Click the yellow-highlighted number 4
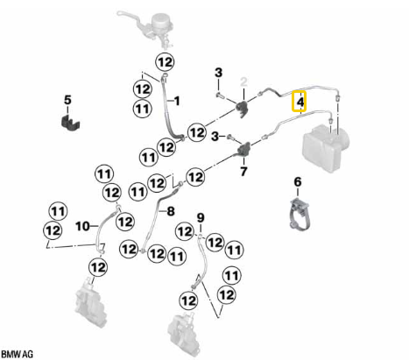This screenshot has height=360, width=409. tap(300, 102)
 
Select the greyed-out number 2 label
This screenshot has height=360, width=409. tap(243, 82)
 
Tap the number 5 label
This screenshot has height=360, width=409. tap(67, 100)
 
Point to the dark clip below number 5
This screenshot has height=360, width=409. tap(70, 123)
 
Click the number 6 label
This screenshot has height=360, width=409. tap(298, 182)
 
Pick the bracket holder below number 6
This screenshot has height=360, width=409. tap(300, 214)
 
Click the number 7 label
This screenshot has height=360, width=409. tap(243, 171)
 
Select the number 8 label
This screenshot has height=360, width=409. tap(171, 211)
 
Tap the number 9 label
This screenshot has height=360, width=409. tap(201, 217)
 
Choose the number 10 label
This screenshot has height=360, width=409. tap(82, 226)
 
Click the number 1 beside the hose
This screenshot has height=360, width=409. tap(177, 102)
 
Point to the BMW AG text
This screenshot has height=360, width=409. tap(18, 355)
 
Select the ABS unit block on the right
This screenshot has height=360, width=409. tap(325, 148)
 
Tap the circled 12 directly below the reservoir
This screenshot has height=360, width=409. tap(166, 62)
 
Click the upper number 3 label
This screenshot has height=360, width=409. tap(218, 73)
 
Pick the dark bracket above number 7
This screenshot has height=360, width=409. tap(243, 148)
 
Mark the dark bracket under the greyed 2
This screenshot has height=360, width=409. tap(243, 108)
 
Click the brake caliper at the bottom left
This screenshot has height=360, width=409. tap(90, 302)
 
